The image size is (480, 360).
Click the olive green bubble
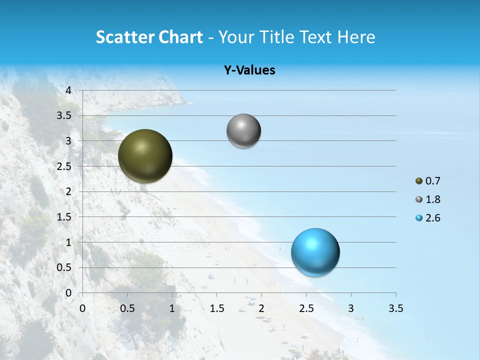coord(145,156)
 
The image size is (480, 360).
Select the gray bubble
coord(243,131)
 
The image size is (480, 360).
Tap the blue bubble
coord(315,252)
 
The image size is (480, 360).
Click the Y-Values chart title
coord(249,70)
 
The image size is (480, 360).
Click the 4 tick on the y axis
coord(68,90)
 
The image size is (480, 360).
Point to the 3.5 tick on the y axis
coord(64,115)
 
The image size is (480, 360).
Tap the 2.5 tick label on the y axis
coord(64,166)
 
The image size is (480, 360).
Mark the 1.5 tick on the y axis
coord(64,217)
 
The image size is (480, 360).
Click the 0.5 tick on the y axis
coord(64,267)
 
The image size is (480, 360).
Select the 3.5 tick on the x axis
coord(395,308)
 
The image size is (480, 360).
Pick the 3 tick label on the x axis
coord(351,308)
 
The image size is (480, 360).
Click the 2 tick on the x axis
coord(261,308)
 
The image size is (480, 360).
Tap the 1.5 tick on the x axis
coord(216,308)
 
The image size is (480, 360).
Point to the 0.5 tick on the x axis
coord(127,308)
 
